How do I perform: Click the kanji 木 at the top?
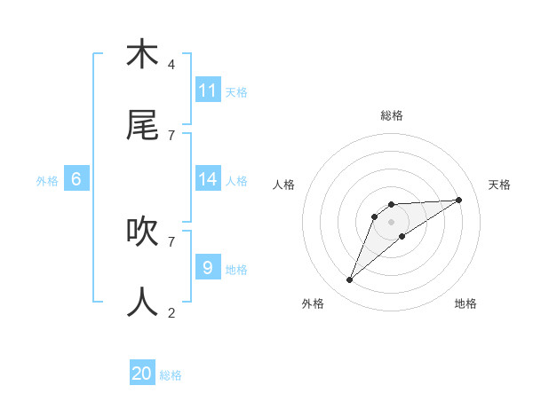pos(142,54)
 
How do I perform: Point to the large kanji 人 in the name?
pos(142,302)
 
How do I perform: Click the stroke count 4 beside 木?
pos(171,65)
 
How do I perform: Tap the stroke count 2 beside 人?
pos(171,312)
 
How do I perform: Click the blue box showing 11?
pos(208,90)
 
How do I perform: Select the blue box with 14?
pos(208,179)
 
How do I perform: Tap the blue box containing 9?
pos(208,267)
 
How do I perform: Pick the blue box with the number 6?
pos(76,179)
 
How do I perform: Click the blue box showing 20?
pos(142,374)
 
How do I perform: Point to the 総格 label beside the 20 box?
pos(171,375)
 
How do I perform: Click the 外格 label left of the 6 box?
pos(47,181)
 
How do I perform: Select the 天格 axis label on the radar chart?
pos(499,185)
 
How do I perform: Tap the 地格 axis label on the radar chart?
pos(465,303)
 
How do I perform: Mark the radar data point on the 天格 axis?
pos(459,200)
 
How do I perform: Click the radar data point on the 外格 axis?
pos(349,280)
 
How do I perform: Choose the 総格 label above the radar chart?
pos(392,115)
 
